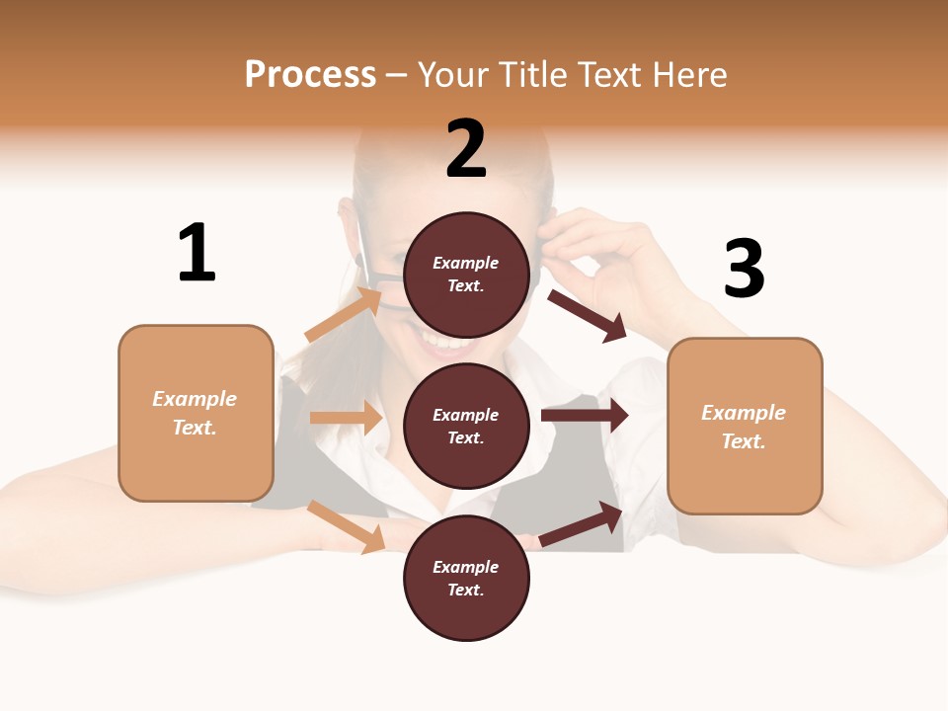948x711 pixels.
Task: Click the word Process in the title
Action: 310,74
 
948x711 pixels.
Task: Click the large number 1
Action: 197,253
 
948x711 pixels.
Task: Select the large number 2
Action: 466,149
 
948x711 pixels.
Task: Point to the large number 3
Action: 744,269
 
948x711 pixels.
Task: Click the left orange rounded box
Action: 196,413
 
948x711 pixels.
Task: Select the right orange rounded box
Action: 745,427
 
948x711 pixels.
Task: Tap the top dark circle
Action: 466,275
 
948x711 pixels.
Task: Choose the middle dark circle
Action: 466,426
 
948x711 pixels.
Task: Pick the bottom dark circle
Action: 466,578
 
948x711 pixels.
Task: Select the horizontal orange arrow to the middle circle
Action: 346,418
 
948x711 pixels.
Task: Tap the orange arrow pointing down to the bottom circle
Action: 346,525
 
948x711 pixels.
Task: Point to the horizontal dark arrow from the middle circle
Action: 584,416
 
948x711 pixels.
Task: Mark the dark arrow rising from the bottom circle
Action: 581,523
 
